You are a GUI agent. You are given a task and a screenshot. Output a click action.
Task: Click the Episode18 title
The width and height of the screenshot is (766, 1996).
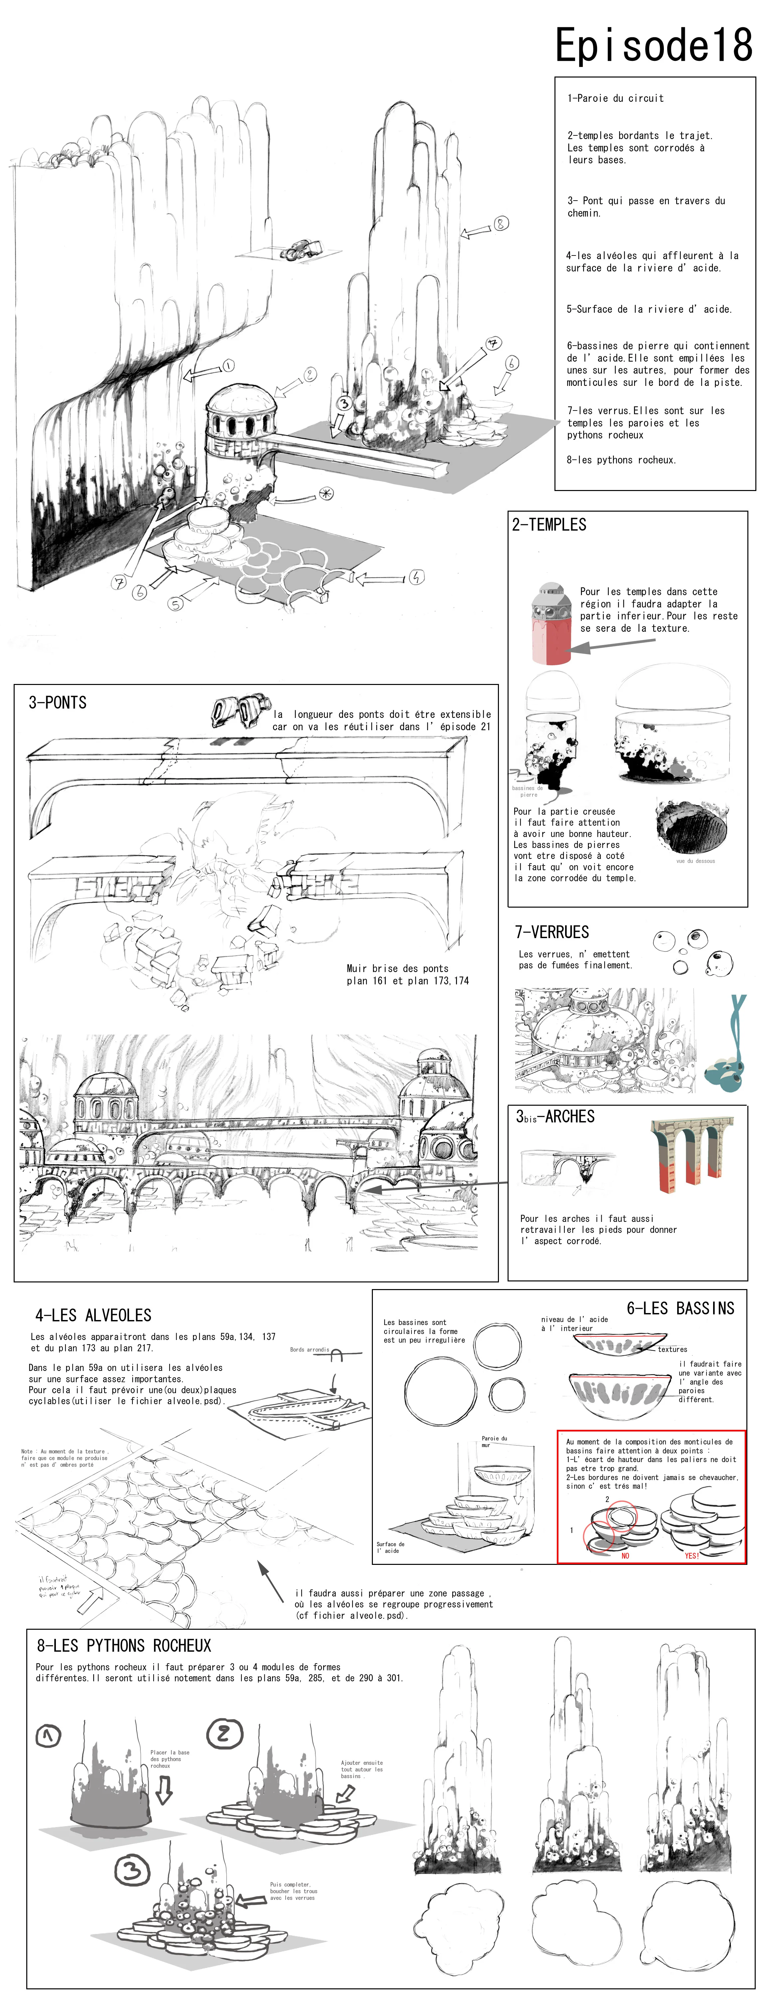click(653, 45)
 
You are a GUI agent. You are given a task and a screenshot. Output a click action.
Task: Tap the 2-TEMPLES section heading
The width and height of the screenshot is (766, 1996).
click(549, 525)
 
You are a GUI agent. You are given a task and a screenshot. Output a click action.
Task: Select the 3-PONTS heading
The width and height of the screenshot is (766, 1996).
click(57, 703)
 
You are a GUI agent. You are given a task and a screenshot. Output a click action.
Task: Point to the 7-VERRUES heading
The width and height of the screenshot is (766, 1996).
click(551, 932)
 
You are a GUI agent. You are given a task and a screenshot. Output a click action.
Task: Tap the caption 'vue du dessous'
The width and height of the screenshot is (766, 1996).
click(695, 861)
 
